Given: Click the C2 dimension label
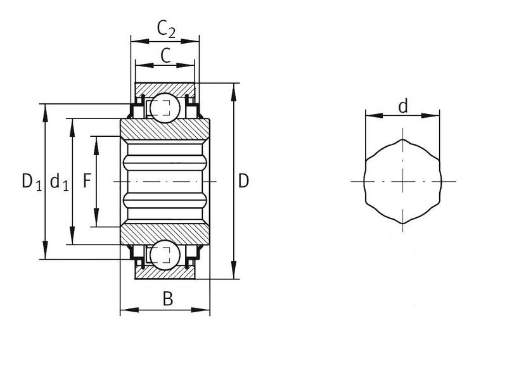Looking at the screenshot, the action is [166, 28].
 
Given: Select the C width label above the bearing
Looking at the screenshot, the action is [165, 56].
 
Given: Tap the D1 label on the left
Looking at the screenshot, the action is [32, 181].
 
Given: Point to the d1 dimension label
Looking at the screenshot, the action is [60, 181].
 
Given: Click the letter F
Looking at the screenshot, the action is [87, 180].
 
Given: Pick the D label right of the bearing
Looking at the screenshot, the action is [243, 181].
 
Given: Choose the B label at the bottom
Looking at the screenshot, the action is [168, 299].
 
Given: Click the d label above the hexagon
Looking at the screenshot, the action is [403, 106].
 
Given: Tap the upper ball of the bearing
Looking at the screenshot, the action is [165, 108].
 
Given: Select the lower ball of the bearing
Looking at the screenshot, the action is [165, 255].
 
